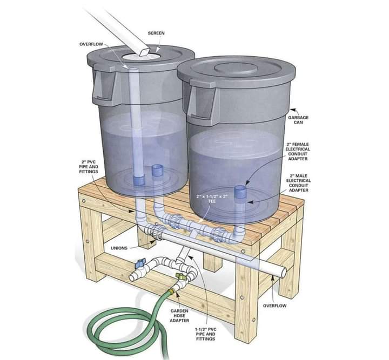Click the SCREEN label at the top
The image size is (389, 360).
click(156, 33)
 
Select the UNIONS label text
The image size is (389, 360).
click(119, 249)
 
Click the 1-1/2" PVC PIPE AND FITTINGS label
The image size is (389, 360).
click(205, 334)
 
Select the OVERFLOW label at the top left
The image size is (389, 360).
click(90, 44)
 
